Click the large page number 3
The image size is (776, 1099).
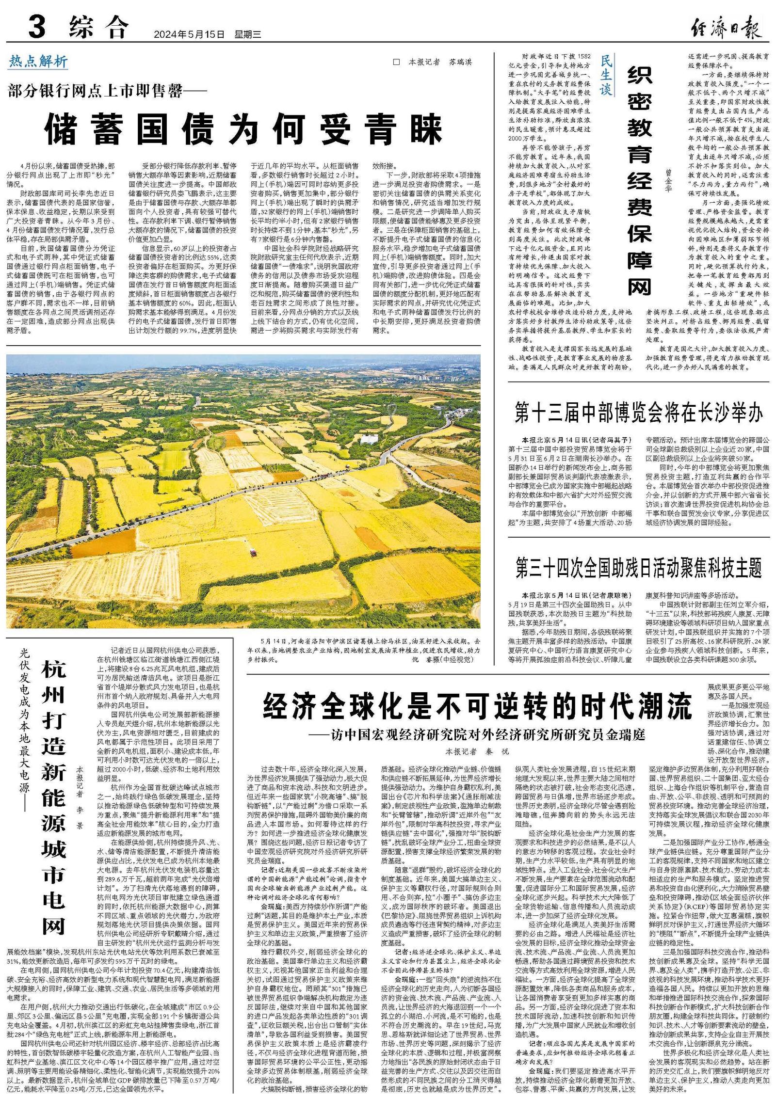[x=37, y=27]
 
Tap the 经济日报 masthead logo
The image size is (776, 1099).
[x=726, y=28]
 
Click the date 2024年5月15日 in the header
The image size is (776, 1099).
[x=189, y=35]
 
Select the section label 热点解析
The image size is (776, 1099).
[x=38, y=62]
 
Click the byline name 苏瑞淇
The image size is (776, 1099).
[x=460, y=62]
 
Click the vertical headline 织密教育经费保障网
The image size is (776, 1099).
[x=640, y=181]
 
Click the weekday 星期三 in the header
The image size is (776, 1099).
[x=248, y=35]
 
